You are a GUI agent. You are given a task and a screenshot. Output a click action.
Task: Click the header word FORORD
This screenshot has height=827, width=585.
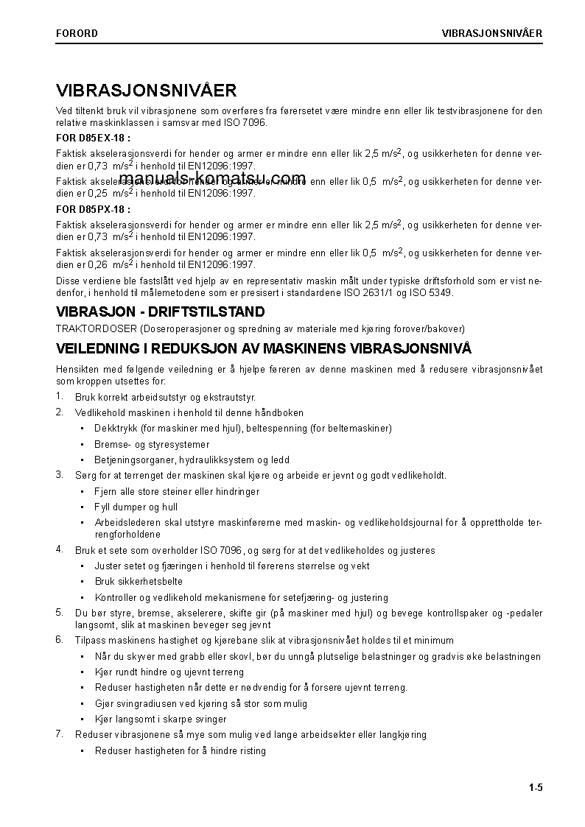tap(77, 33)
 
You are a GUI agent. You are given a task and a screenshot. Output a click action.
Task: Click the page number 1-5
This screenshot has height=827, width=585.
tap(535, 789)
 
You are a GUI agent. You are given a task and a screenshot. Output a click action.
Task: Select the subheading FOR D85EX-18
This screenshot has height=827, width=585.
tap(94, 138)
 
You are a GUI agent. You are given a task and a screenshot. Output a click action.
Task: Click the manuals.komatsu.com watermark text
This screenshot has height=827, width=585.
tap(212, 178)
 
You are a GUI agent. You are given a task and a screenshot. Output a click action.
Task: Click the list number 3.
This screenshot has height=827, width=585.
tap(60, 475)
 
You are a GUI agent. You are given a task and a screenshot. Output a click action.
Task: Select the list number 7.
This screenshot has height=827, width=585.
tap(60, 734)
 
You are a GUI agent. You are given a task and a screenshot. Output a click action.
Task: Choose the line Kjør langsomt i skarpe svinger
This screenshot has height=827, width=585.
tap(161, 719)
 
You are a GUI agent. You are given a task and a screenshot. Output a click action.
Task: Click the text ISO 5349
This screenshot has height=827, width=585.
tap(432, 293)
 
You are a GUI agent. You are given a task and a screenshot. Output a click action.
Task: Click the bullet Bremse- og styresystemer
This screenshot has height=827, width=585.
tap(152, 445)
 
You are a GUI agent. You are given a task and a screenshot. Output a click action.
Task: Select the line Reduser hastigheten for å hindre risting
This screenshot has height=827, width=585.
tap(180, 751)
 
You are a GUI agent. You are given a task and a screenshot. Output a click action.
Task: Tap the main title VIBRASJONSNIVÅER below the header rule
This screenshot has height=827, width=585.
tap(146, 91)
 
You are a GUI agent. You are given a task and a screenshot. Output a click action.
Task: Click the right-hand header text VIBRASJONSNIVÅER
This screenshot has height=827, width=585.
tap(491, 33)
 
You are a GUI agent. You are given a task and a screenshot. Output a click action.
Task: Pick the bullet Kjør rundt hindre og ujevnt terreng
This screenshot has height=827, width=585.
tap(169, 672)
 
